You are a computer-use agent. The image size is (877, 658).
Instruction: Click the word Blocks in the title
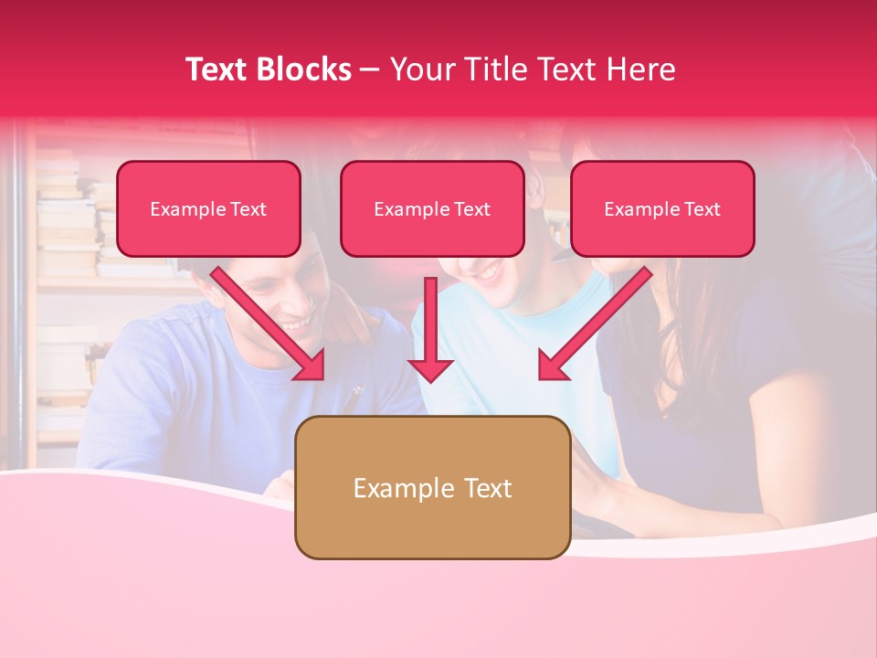click(302, 69)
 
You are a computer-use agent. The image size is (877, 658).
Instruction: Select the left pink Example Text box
click(208, 209)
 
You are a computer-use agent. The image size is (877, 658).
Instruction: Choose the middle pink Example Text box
click(432, 209)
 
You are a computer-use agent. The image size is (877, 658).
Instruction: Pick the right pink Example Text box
click(662, 209)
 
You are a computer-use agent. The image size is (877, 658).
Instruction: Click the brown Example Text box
click(432, 487)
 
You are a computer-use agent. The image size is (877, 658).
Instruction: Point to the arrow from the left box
click(269, 324)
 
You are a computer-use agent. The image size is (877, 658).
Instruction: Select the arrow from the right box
click(595, 324)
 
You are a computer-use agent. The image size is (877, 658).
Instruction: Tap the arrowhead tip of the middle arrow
click(430, 378)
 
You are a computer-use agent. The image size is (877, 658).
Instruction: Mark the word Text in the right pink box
click(702, 209)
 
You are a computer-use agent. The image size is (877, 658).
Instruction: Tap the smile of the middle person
click(489, 271)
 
